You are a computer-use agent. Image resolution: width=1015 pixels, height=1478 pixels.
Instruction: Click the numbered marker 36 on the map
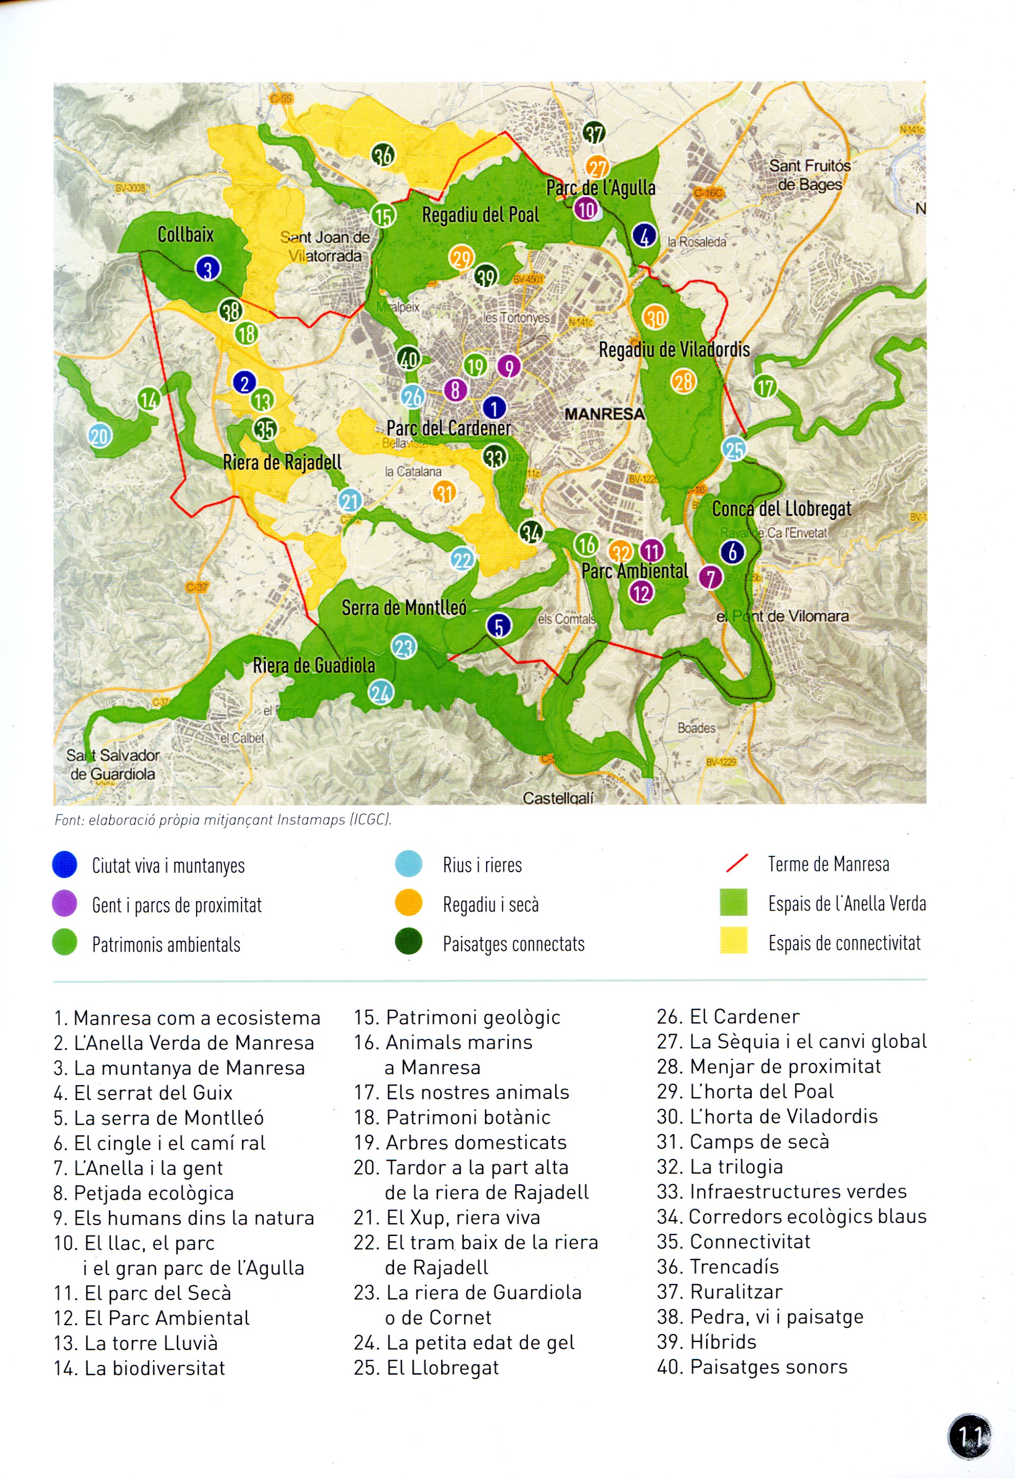point(383,154)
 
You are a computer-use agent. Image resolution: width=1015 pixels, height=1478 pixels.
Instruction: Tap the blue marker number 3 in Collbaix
point(207,268)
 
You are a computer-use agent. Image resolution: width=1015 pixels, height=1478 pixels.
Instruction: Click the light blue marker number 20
point(100,436)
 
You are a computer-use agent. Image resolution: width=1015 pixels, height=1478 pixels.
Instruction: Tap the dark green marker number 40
point(408,359)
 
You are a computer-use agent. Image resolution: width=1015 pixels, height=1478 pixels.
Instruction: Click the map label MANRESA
point(604,414)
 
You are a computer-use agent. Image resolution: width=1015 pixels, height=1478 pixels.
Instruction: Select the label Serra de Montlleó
point(404,608)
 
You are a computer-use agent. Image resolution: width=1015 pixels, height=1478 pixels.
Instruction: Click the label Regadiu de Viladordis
point(674,349)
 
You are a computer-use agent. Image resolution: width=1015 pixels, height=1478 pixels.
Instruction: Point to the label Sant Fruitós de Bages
point(809,175)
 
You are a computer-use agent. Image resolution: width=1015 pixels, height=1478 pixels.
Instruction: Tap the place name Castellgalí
point(558,797)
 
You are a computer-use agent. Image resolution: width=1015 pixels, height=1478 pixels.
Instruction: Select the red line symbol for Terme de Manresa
point(737,864)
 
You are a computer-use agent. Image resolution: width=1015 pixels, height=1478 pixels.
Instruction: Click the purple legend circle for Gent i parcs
point(64,904)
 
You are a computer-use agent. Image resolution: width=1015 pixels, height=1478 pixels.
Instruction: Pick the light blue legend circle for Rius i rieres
point(408,864)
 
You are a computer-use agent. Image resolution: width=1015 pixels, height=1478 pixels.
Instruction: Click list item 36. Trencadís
point(718,1266)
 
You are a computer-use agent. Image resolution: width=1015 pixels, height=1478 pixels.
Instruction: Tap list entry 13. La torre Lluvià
point(136,1342)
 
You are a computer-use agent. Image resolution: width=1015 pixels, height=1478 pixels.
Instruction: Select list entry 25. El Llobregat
point(426,1367)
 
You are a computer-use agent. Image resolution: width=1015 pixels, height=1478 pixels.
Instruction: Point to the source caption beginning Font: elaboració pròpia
point(223,820)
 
